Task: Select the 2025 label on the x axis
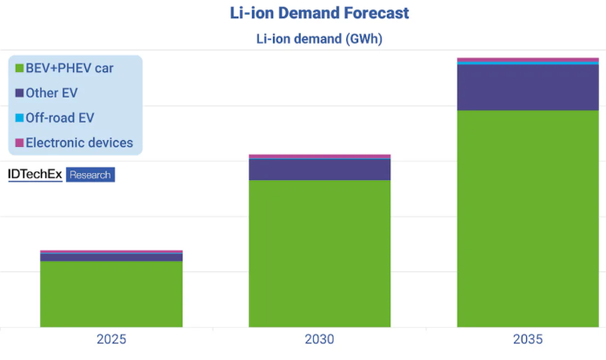point(111,340)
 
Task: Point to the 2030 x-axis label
point(320,340)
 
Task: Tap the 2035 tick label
point(529,340)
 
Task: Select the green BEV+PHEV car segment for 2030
point(320,253)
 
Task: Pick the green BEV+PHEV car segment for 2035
point(529,218)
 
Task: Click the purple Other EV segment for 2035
point(529,87)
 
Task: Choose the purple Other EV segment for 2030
point(320,170)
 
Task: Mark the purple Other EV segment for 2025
point(111,257)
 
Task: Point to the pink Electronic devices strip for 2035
point(529,60)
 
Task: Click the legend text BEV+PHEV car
point(70,68)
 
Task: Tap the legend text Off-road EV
point(60,117)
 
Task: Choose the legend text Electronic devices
point(79,143)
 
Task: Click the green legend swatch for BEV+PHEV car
point(18,68)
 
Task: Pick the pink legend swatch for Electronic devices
point(18,143)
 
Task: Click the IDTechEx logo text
point(35,175)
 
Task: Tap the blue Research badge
point(90,175)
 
